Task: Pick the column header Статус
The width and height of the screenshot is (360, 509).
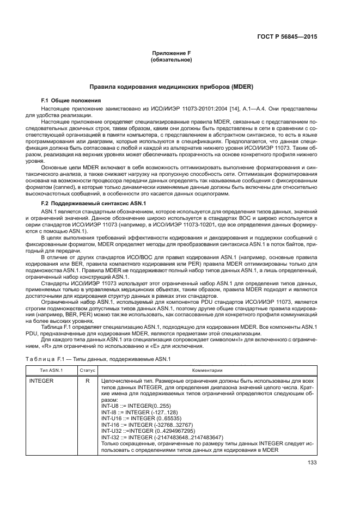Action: [x=87, y=370]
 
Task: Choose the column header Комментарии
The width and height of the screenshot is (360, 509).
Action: [x=207, y=370]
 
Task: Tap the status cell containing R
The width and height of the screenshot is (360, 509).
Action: [x=87, y=381]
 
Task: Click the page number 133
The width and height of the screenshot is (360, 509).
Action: [x=312, y=464]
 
